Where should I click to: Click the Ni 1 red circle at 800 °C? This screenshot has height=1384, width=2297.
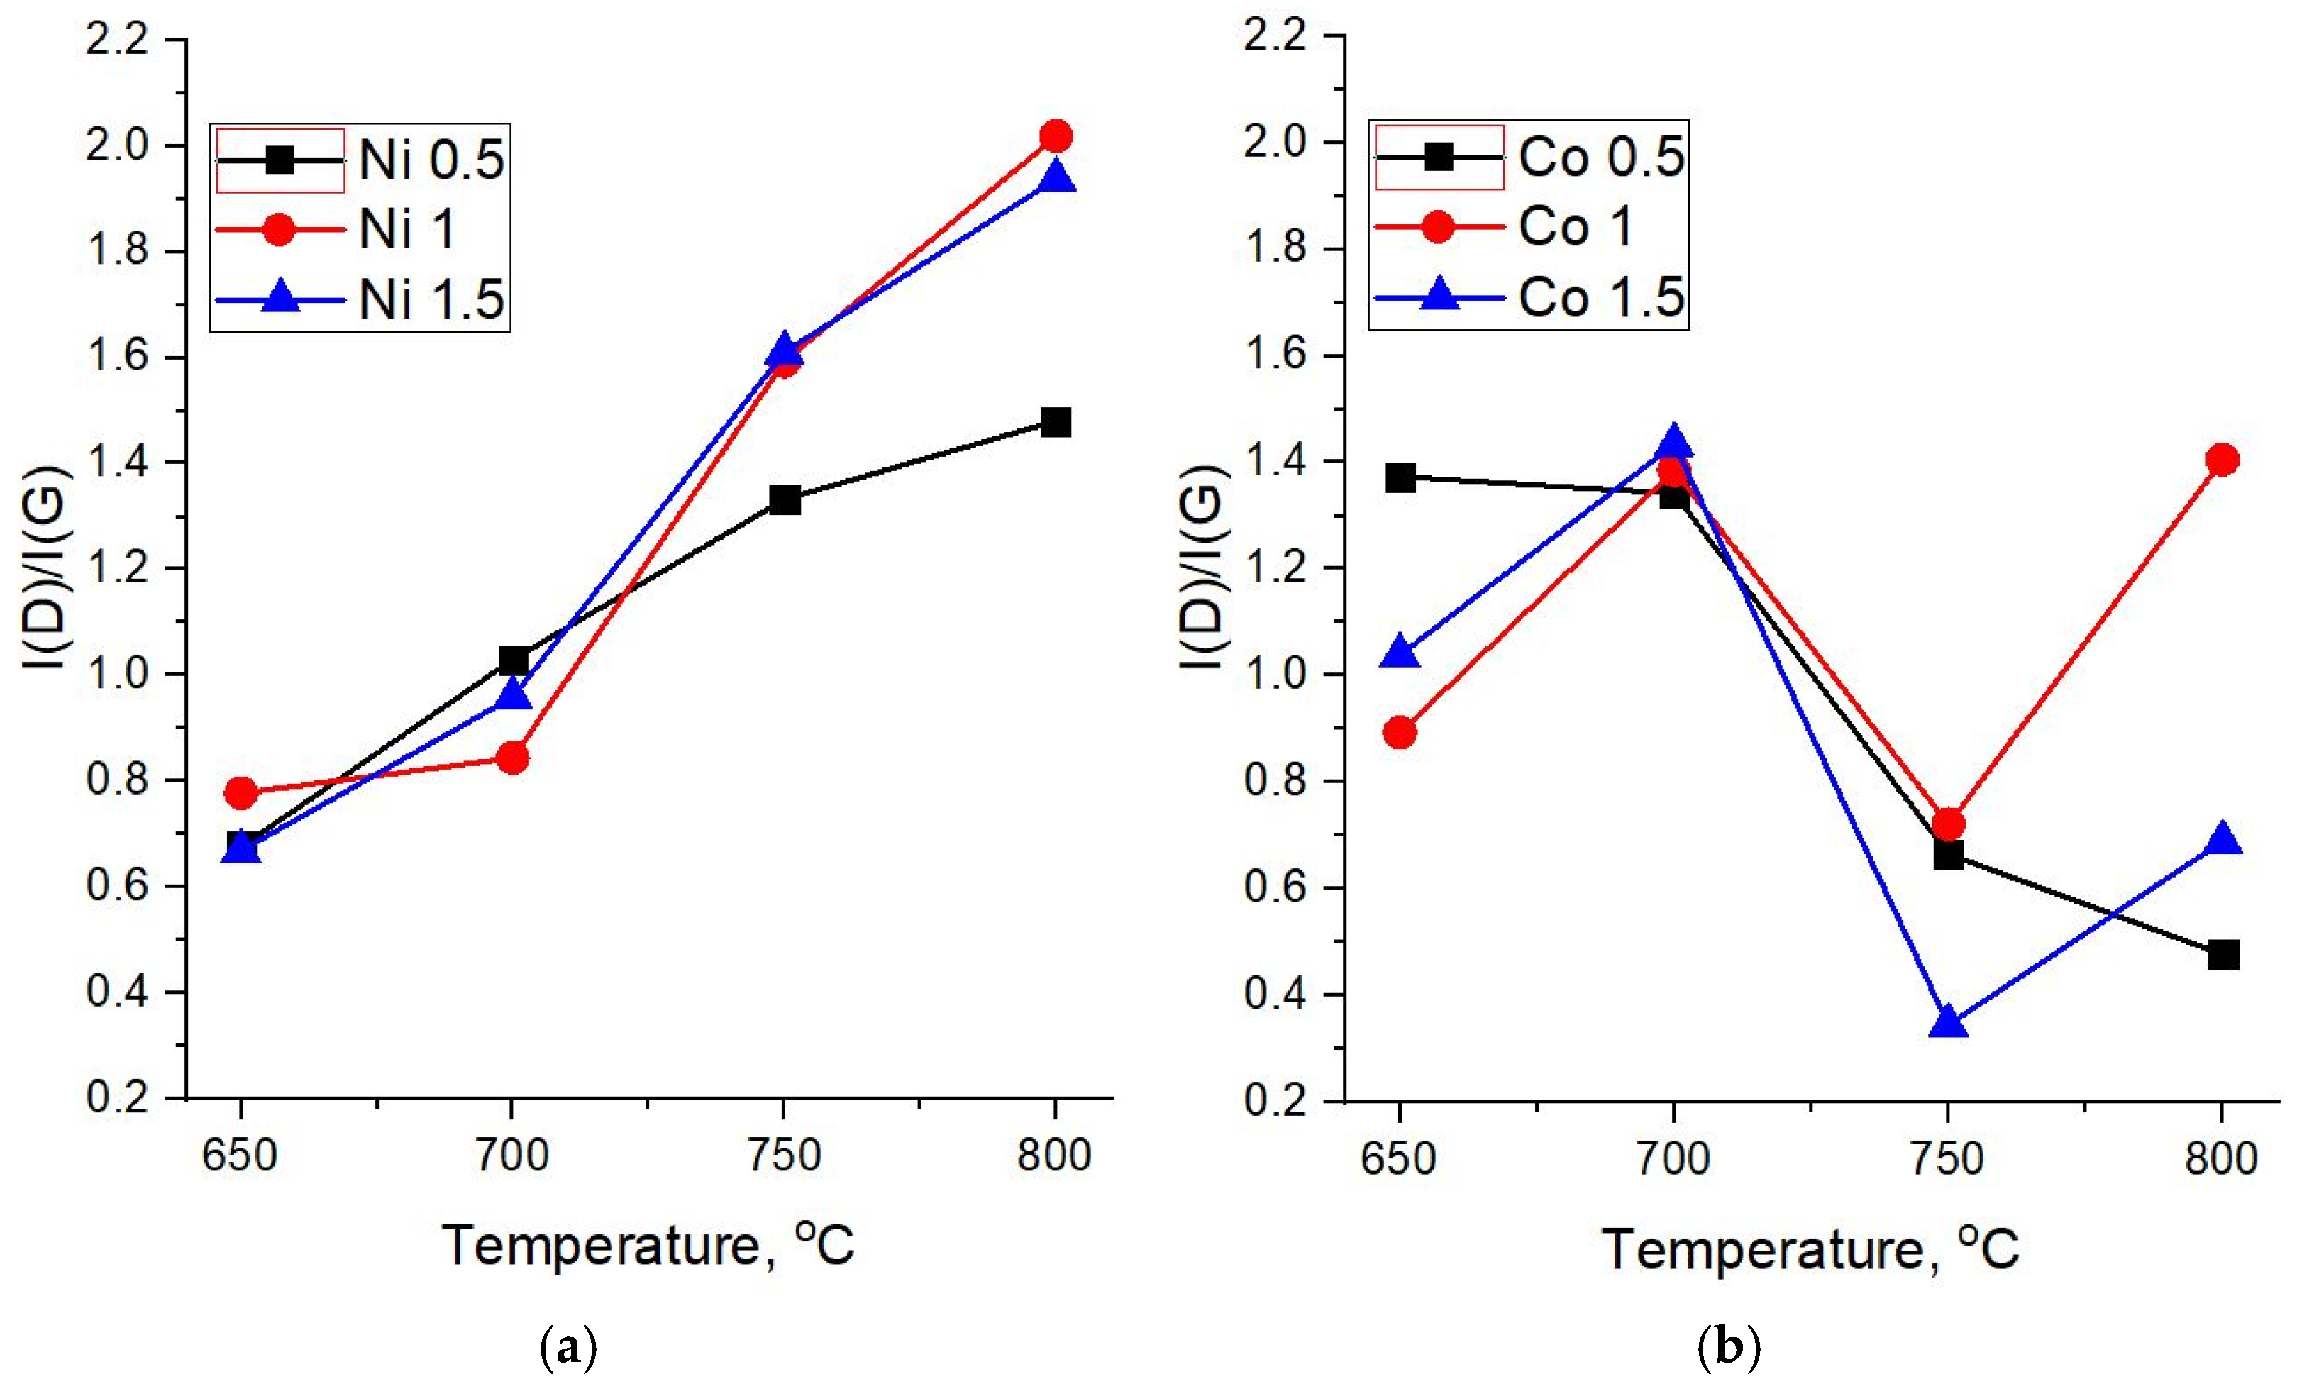pos(1056,136)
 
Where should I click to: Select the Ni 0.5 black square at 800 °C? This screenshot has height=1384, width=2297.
pos(1056,422)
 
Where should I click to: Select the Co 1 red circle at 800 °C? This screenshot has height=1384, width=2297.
pos(2222,460)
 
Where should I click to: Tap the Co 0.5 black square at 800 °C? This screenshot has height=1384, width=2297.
pos(2223,954)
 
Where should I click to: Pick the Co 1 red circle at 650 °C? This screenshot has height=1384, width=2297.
pos(1399,733)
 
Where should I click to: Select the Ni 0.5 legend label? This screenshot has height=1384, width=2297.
pos(431,160)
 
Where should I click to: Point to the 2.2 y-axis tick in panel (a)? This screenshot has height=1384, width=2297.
pos(118,40)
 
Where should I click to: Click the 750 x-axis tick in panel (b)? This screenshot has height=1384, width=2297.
pos(1947,1158)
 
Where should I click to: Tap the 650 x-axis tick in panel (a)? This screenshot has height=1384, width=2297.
pos(240,1156)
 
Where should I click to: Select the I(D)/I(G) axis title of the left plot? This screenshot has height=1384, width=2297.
pos(47,568)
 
